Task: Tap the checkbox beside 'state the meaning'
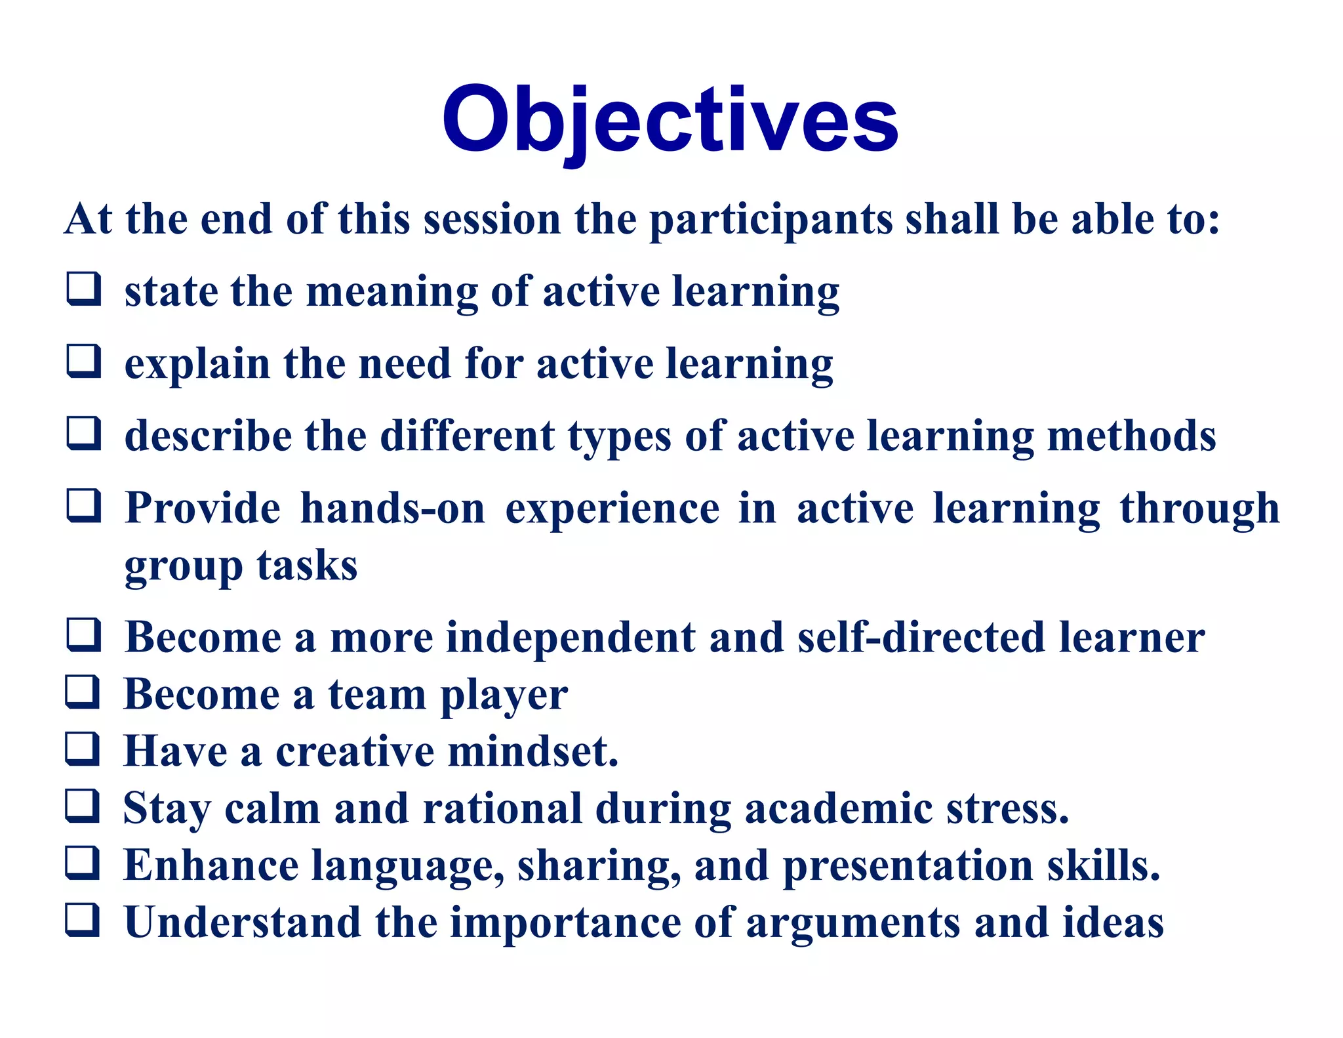point(84,289)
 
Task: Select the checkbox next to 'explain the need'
point(84,362)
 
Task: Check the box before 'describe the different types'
point(84,434)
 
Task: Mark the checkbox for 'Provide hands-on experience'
point(84,506)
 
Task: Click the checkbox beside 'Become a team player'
point(83,693)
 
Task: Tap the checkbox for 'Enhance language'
point(83,863)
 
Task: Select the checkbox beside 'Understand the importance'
point(83,921)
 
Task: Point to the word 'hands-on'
point(392,509)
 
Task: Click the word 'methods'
point(1131,436)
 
